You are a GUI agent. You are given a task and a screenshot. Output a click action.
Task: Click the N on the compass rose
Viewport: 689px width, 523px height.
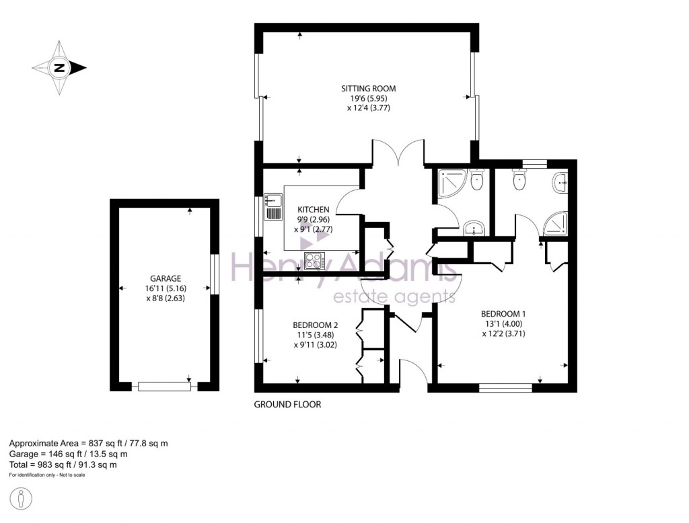click(60, 68)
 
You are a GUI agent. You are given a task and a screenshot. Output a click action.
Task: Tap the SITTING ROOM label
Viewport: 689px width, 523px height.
click(368, 88)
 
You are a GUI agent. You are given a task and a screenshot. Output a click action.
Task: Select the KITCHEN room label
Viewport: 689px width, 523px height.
click(314, 210)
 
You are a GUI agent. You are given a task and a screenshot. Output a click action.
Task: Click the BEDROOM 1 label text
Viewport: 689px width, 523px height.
click(503, 314)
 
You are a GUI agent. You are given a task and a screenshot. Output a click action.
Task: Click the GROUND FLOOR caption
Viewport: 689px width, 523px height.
click(287, 405)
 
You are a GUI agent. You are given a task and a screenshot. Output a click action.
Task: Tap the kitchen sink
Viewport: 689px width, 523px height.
click(273, 200)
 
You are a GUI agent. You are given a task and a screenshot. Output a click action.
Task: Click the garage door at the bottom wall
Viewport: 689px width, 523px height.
click(164, 386)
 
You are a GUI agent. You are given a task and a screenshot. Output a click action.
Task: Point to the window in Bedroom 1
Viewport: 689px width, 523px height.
click(505, 387)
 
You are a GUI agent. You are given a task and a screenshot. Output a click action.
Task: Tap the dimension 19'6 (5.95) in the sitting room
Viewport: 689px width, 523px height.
click(368, 97)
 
